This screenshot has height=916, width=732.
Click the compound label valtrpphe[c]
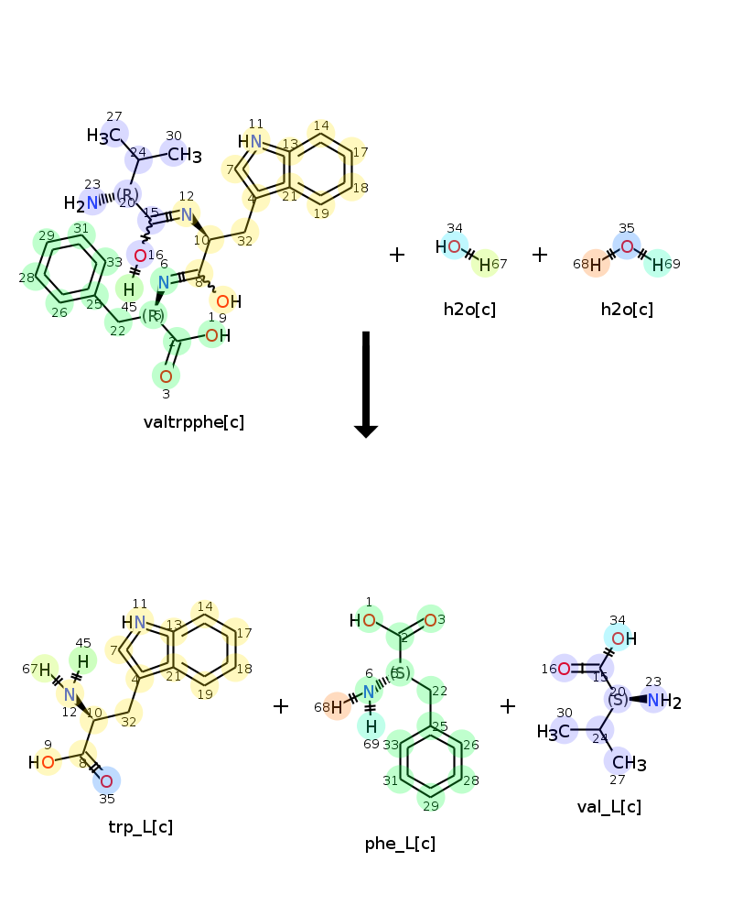click(x=194, y=422)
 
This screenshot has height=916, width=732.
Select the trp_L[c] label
click(x=140, y=827)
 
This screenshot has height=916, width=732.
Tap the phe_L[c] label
click(x=400, y=844)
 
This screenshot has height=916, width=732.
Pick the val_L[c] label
click(x=608, y=806)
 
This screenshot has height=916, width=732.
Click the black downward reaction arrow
click(x=366, y=384)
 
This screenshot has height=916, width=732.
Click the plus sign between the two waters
click(x=540, y=255)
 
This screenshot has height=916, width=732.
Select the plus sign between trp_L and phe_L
click(x=281, y=706)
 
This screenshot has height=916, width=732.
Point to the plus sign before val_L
click(x=508, y=706)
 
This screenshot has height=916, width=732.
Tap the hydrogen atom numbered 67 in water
click(x=486, y=263)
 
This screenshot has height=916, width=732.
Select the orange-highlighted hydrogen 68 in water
click(x=596, y=264)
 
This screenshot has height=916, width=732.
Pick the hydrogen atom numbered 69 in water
click(x=657, y=264)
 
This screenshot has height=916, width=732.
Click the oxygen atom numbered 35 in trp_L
click(x=106, y=781)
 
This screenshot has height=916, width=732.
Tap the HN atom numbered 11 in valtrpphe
click(x=250, y=141)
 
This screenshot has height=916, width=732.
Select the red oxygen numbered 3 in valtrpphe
click(x=166, y=376)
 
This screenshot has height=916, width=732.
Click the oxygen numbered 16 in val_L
click(x=565, y=669)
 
